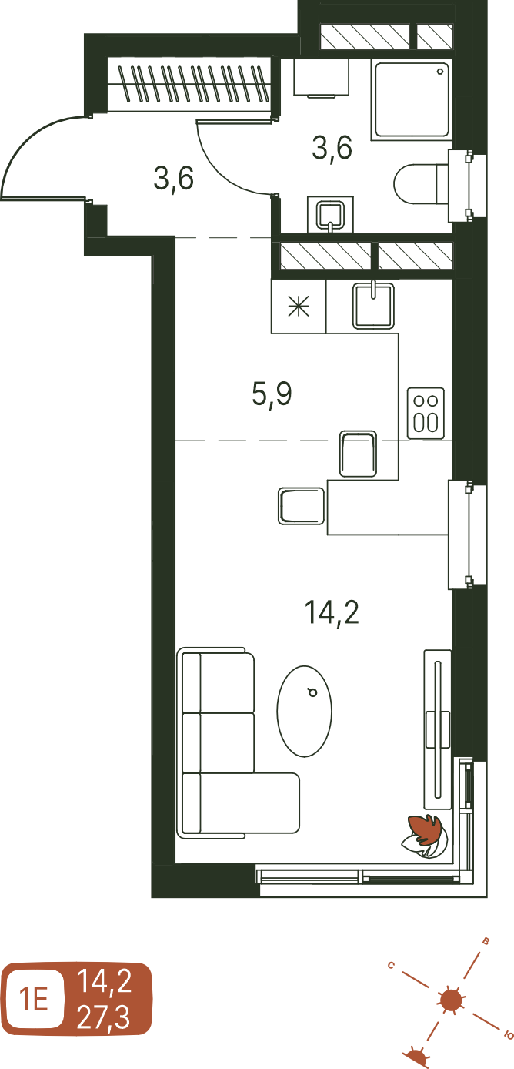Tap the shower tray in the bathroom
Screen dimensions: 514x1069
point(412,100)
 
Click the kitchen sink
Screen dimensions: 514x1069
point(373,306)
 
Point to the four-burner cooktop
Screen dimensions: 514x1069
point(426,413)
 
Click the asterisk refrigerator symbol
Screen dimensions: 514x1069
point(299,306)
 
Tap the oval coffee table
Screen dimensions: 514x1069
point(304,711)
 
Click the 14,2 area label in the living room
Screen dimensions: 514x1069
point(332,613)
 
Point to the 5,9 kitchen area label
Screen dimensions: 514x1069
point(272,394)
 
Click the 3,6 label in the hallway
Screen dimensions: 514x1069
point(174,178)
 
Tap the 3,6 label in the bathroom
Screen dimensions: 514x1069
point(332,147)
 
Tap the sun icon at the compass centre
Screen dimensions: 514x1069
point(449,1000)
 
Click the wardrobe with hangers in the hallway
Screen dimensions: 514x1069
point(189,84)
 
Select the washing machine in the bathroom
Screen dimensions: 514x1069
point(322,77)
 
